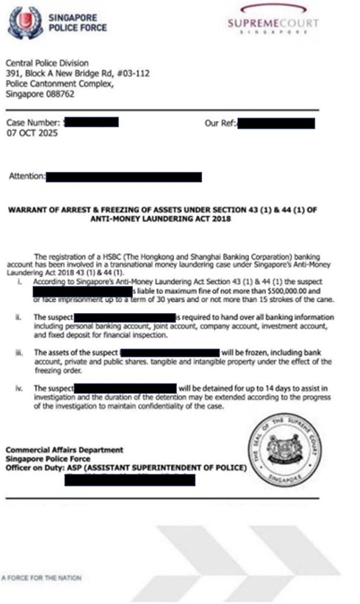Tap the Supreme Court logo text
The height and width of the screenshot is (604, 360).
click(x=273, y=25)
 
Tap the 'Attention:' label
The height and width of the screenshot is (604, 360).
click(x=26, y=177)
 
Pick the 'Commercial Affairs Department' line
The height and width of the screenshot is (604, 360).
click(x=55, y=450)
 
